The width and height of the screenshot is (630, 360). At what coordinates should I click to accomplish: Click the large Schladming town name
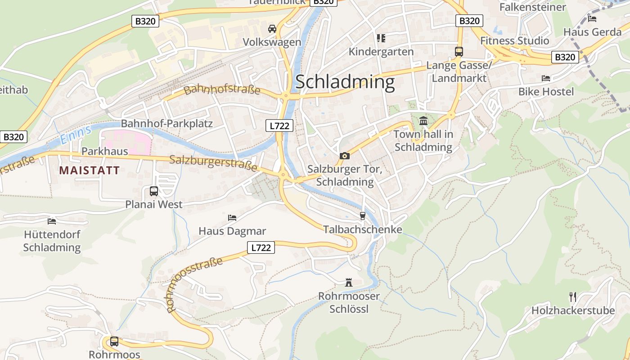click(x=345, y=82)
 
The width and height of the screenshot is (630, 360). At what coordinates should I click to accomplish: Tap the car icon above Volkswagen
click(x=272, y=29)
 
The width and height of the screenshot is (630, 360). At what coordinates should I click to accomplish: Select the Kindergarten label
click(x=381, y=52)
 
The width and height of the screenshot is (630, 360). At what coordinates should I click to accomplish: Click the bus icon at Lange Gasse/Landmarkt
click(x=459, y=51)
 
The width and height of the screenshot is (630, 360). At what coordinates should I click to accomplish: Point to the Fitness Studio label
click(x=514, y=40)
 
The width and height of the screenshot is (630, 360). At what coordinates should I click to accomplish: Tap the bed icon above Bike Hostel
click(x=546, y=78)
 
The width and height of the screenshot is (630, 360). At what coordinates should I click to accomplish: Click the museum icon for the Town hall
click(x=423, y=121)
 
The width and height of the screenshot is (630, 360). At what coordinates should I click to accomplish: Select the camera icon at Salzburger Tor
click(x=345, y=156)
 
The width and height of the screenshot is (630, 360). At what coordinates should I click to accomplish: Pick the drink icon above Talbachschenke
click(x=363, y=216)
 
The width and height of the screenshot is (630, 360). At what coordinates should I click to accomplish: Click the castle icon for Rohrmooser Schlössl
click(x=349, y=283)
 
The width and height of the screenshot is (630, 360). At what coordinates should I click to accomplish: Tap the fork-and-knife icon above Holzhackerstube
click(x=572, y=297)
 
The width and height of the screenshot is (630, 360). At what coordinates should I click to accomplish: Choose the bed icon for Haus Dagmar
click(x=232, y=218)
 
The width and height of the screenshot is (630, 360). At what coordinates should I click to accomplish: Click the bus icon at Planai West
click(x=154, y=191)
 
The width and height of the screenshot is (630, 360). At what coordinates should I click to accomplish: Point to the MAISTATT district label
click(x=90, y=170)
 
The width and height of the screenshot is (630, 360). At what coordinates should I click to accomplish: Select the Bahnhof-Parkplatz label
click(x=166, y=123)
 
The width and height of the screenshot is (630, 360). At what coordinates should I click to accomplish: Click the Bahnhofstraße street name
click(x=222, y=89)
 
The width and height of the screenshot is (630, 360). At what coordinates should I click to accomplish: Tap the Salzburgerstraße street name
click(x=213, y=162)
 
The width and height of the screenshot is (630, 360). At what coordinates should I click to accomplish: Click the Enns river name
click(x=75, y=134)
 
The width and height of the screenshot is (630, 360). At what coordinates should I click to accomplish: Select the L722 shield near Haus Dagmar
click(x=261, y=247)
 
